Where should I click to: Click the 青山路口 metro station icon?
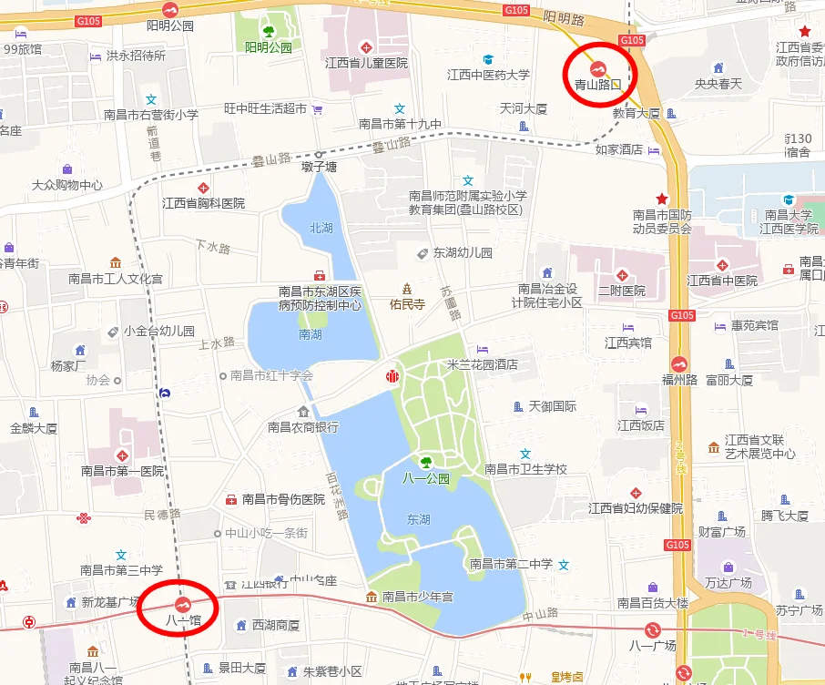598,68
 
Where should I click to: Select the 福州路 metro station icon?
679,363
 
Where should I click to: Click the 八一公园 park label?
425,478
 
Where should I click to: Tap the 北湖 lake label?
321,228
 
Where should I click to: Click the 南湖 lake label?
310,334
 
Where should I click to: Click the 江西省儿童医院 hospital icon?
366,46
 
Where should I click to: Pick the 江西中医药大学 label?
488,75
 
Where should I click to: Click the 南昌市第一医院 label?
122,471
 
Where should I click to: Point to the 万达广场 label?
728,582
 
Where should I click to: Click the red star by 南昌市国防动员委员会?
662,199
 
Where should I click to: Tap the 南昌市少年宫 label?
419,597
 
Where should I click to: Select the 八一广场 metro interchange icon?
653,629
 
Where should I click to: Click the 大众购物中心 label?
66,185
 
